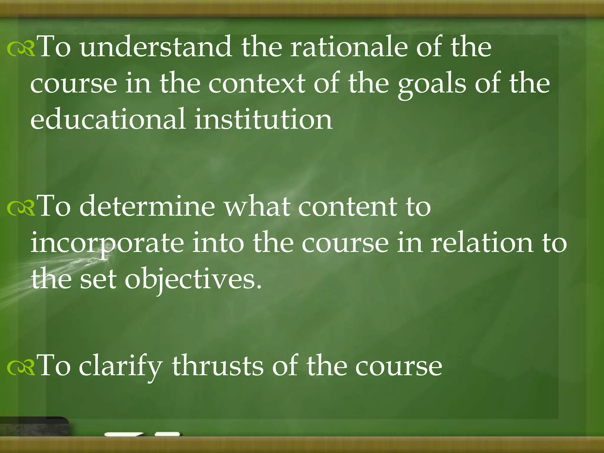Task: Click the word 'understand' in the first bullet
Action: point(156,47)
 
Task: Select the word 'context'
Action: point(257,83)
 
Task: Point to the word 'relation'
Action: point(481,243)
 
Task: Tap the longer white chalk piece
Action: point(124,434)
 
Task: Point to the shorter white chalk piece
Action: point(168,434)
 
